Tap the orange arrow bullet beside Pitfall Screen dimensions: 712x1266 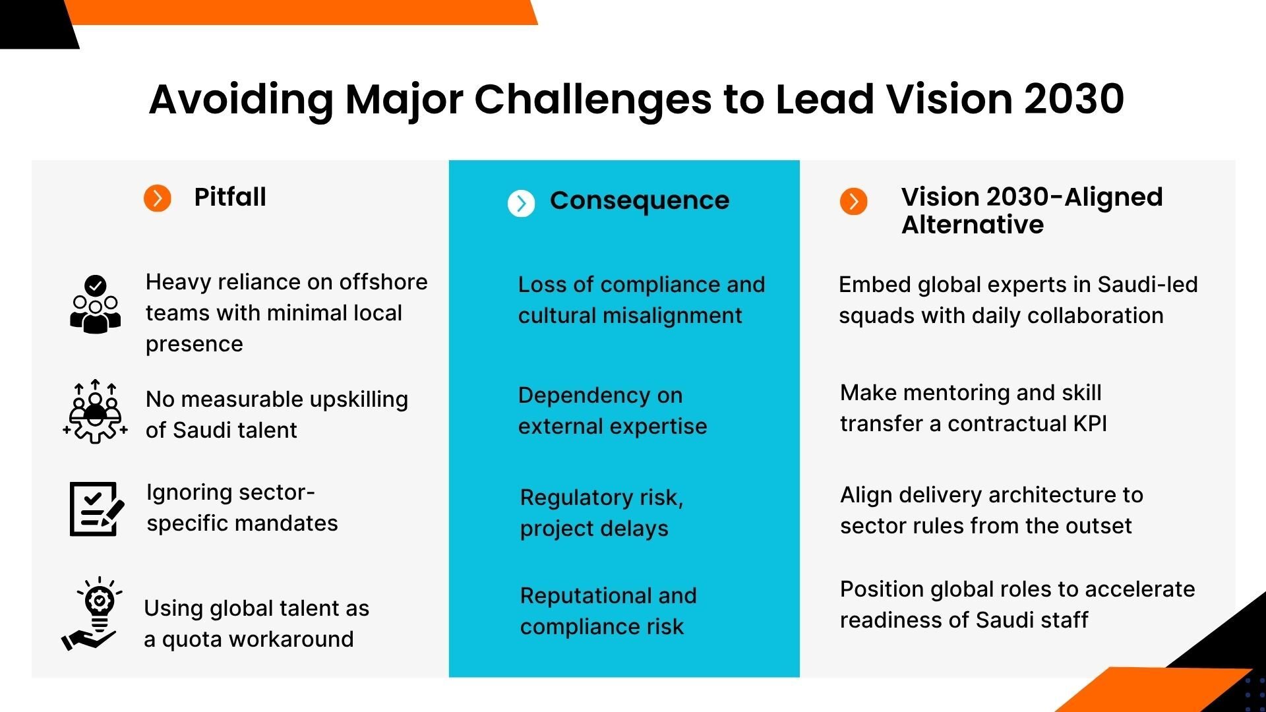point(158,198)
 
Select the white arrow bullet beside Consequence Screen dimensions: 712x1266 point(521,203)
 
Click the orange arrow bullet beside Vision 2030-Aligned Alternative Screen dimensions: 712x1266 point(853,201)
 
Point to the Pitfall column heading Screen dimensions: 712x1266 point(230,197)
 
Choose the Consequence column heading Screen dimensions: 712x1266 point(640,200)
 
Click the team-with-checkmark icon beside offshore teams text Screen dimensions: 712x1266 point(96,305)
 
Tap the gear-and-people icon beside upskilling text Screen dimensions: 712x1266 point(96,412)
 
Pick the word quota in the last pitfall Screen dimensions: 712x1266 point(191,639)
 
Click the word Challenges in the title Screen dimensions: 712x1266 point(593,100)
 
